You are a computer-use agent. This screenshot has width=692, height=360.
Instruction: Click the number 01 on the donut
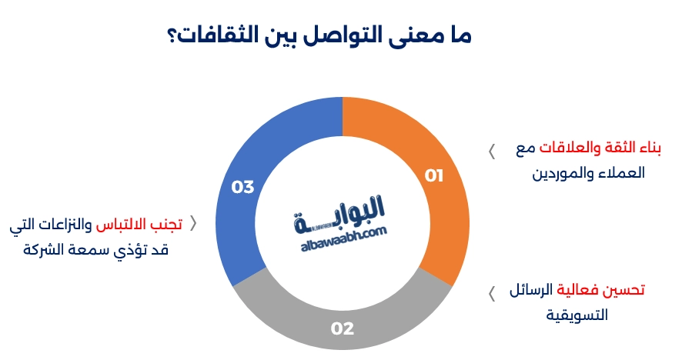click(x=435, y=176)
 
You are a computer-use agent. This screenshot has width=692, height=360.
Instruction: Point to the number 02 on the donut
click(x=343, y=329)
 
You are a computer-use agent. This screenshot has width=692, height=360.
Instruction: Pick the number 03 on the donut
click(x=242, y=187)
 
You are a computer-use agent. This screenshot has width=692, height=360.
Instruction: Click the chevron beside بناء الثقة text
click(x=491, y=152)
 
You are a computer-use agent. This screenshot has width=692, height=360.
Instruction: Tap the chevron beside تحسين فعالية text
click(x=491, y=293)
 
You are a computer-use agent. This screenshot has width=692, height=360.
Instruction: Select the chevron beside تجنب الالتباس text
click(x=193, y=224)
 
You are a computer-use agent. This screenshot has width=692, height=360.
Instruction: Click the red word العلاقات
click(x=570, y=149)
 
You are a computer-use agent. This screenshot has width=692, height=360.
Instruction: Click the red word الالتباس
click(x=122, y=225)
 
